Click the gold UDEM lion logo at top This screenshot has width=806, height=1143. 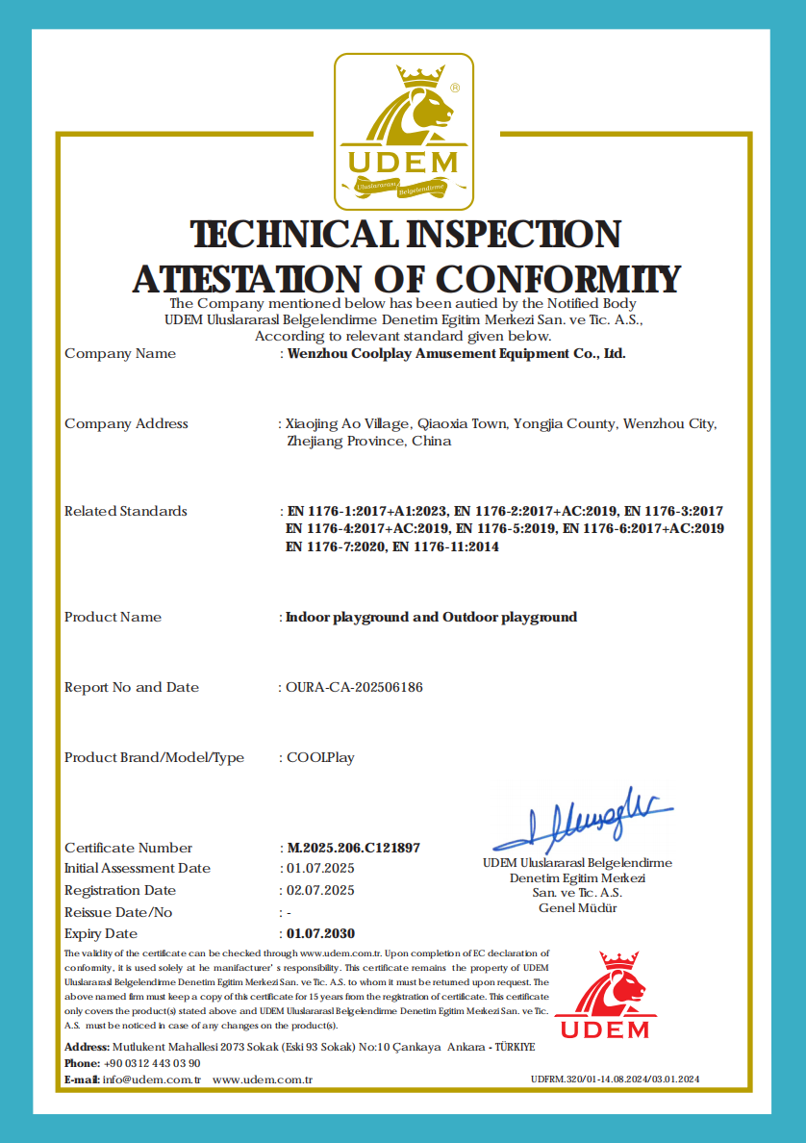coord(403,131)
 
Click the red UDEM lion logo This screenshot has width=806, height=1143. coord(605,996)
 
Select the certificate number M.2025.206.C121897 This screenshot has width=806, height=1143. coord(353,848)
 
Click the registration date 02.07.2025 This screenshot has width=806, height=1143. coord(320,890)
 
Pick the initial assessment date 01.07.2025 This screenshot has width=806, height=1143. coord(320,868)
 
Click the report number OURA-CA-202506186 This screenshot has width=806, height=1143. coord(355,687)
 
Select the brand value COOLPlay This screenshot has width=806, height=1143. coord(320,757)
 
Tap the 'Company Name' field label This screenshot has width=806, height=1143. coord(120,353)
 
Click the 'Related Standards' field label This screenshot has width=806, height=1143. coord(126,511)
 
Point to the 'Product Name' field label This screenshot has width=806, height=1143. coord(113,617)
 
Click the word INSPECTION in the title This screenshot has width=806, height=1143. coord(513,234)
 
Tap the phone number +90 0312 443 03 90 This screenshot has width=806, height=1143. coord(152,1063)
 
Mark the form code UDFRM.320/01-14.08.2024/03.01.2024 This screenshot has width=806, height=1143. coord(615,1079)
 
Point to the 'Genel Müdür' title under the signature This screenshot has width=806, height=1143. coord(577,908)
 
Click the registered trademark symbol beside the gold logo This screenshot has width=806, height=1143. coord(455,87)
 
